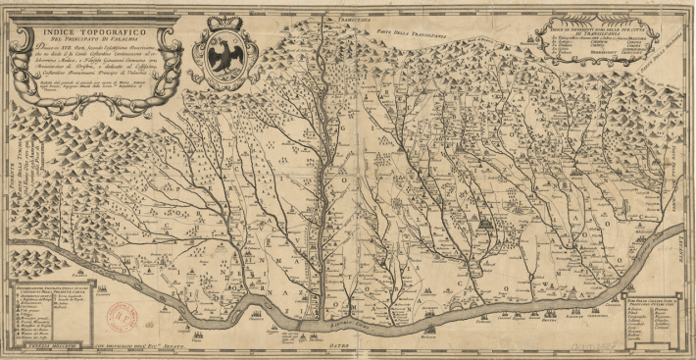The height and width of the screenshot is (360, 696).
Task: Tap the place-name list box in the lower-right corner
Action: [652, 309]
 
